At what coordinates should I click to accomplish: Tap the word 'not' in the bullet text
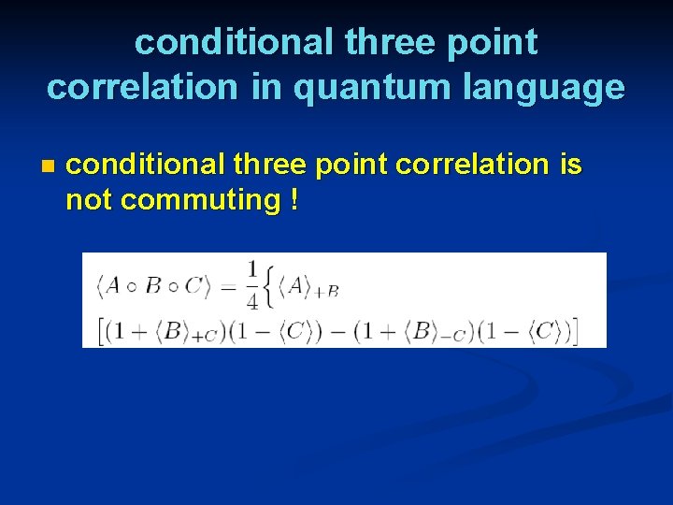(x=90, y=199)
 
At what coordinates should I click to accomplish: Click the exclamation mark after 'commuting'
(x=294, y=199)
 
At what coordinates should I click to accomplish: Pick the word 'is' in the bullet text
(x=570, y=165)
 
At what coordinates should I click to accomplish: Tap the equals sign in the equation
(x=227, y=287)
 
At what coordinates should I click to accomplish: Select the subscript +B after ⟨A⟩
(x=326, y=292)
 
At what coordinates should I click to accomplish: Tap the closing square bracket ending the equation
(x=576, y=330)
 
